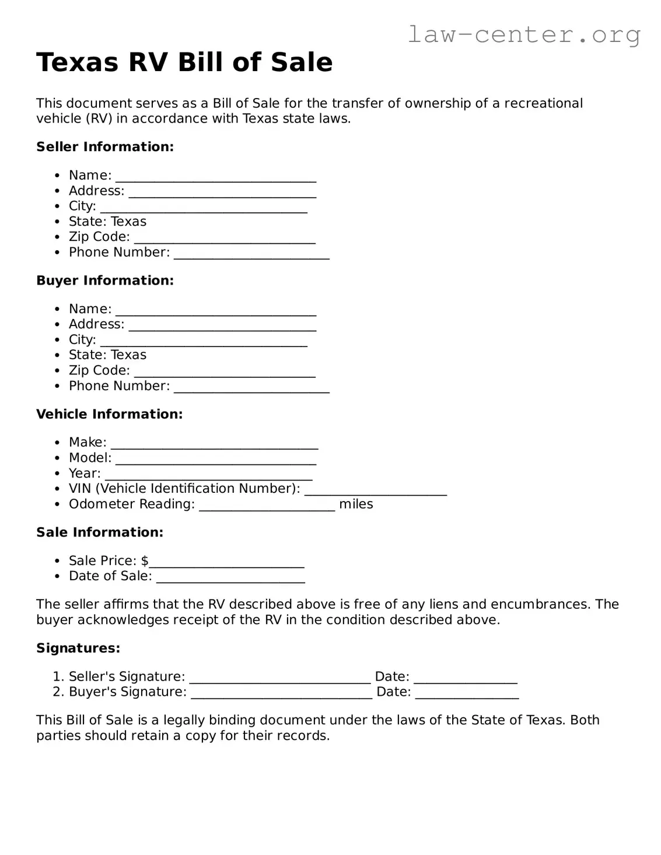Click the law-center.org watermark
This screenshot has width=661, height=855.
click(x=523, y=34)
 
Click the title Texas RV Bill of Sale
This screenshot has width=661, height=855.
click(x=184, y=62)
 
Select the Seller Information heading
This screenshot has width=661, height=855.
click(x=105, y=147)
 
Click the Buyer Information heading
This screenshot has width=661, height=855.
click(x=105, y=281)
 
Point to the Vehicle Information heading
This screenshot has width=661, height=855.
click(x=109, y=414)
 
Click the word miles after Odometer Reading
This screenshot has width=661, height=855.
click(x=356, y=504)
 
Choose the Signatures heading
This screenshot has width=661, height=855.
click(x=78, y=648)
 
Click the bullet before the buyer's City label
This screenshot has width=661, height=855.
click(x=57, y=340)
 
